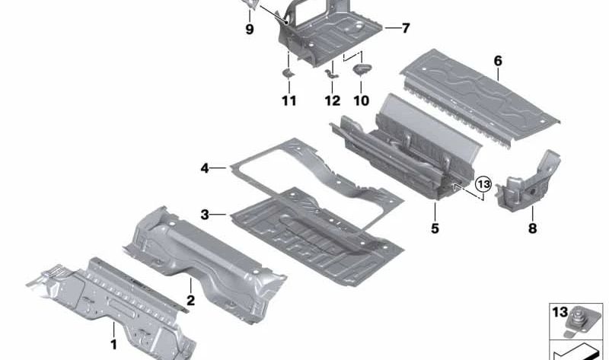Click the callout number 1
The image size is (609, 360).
tap(113, 345)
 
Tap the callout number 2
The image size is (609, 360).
tap(191, 300)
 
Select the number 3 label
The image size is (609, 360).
tap(205, 215)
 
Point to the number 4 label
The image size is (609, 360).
tap(205, 168)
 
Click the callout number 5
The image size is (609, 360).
tap(435, 228)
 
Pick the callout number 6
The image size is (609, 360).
tap(498, 61)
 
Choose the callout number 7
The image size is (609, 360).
tap(406, 28)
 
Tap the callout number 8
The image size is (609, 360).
tap(532, 228)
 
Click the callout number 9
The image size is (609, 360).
tap(250, 29)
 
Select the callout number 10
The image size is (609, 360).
tap(361, 101)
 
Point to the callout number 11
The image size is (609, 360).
tap(289, 101)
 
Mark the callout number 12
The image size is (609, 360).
tap(333, 101)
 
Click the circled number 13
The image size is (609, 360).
tap(483, 184)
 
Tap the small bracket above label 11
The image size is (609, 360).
tap(289, 73)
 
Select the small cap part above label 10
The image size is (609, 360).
tap(362, 69)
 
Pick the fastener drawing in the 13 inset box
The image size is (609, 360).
tap(580, 323)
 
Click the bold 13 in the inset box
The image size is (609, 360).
tap(560, 312)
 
